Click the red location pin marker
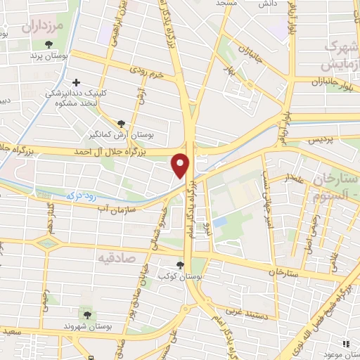pyautogui.click(x=182, y=165)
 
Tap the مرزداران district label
pyautogui.click(x=41, y=28)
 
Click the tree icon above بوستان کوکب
pyautogui.click(x=181, y=265)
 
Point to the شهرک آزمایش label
pyautogui.click(x=342, y=55)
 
